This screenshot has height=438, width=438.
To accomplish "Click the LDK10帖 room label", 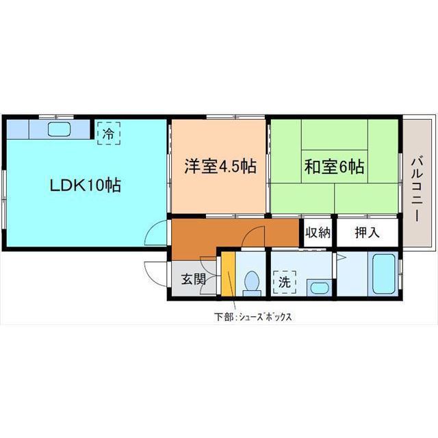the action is (85, 185).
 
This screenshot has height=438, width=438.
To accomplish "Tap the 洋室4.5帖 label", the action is (220, 166).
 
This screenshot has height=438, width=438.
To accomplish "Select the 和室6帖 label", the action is (335, 167).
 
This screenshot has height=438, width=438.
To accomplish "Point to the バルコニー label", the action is (417, 190).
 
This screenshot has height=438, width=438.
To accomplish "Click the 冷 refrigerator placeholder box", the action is (109, 133).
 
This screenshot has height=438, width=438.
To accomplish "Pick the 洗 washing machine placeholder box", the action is (285, 282).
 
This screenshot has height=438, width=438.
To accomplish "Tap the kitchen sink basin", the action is (59, 129).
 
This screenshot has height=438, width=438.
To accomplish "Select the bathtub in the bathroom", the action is (383, 274).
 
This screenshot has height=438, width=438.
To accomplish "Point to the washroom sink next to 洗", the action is (320, 287).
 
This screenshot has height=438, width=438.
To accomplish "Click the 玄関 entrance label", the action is (194, 279).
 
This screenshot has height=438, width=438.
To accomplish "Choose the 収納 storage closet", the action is (318, 233).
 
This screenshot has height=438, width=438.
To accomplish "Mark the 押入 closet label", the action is (367, 233).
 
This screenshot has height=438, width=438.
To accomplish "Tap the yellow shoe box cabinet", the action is (228, 274).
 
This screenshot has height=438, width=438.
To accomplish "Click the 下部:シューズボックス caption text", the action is (253, 317).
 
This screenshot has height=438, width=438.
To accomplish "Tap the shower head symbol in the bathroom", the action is (342, 257).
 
